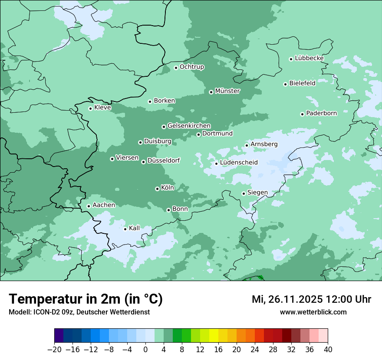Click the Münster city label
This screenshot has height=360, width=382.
227,91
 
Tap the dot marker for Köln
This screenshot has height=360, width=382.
157,189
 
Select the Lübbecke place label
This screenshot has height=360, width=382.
309,58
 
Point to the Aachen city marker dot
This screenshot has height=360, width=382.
89,206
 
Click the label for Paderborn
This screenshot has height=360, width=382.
321,113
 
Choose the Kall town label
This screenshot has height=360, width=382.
135,228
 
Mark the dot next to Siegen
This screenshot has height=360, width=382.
244,193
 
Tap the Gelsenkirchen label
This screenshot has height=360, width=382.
189,126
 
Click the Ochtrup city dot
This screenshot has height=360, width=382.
176,67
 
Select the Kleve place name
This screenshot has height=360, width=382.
102,108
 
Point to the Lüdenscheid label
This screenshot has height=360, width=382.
239,163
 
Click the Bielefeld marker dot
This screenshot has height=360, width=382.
285,84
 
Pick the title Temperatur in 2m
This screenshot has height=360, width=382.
86,299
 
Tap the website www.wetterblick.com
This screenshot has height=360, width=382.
313,312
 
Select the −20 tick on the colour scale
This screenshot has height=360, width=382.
55,350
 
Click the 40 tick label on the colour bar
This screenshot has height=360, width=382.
328,350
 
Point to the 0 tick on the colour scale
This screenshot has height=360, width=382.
145,350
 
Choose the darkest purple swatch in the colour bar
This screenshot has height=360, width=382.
59,336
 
